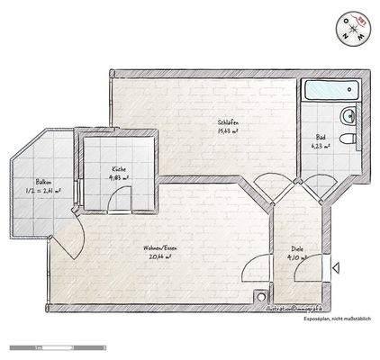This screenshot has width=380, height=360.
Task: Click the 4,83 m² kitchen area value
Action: (x=118, y=178)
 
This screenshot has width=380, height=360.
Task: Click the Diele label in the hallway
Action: (x=296, y=248)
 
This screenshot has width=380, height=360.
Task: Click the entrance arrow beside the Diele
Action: (x=336, y=267)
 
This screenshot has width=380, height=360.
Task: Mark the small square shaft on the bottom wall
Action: (x=261, y=293)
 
